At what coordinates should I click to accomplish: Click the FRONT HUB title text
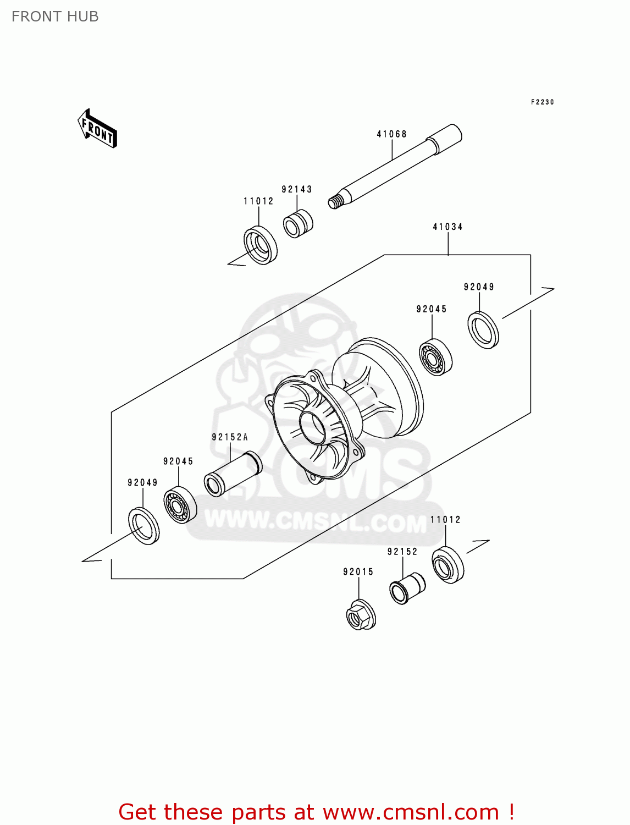click(55, 16)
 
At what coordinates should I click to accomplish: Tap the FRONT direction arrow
click(97, 129)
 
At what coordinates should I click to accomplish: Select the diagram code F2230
click(542, 102)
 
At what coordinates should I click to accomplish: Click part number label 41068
click(391, 134)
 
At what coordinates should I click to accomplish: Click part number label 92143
click(297, 189)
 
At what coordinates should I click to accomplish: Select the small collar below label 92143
click(297, 224)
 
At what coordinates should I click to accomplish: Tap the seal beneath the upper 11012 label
click(260, 245)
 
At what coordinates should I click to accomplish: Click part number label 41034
click(447, 227)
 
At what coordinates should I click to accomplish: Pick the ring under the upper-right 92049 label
click(483, 330)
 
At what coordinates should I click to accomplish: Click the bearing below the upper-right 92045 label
click(435, 359)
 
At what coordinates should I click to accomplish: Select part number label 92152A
click(230, 437)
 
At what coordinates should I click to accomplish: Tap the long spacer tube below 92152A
click(233, 474)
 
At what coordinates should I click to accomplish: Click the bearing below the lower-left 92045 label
click(180, 505)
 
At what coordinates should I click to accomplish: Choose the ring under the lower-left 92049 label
click(143, 527)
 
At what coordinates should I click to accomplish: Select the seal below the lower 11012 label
click(447, 564)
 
